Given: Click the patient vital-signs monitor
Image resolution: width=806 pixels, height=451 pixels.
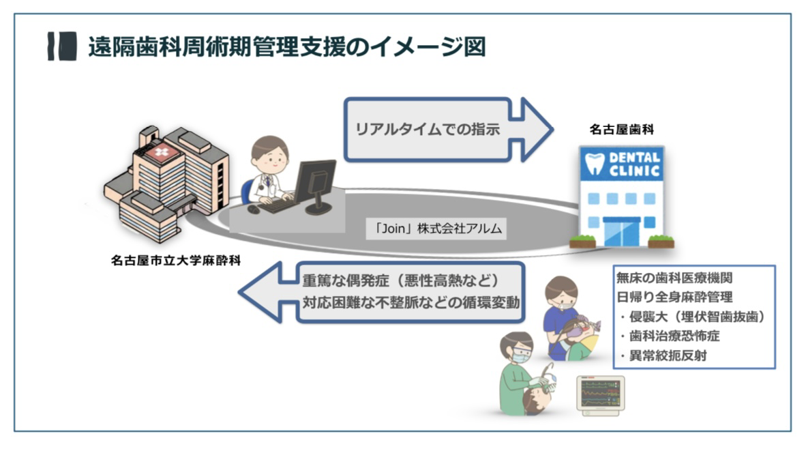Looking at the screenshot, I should pos(600,395).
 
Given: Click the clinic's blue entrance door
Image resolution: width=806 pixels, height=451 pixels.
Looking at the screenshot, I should pos(621,233).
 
